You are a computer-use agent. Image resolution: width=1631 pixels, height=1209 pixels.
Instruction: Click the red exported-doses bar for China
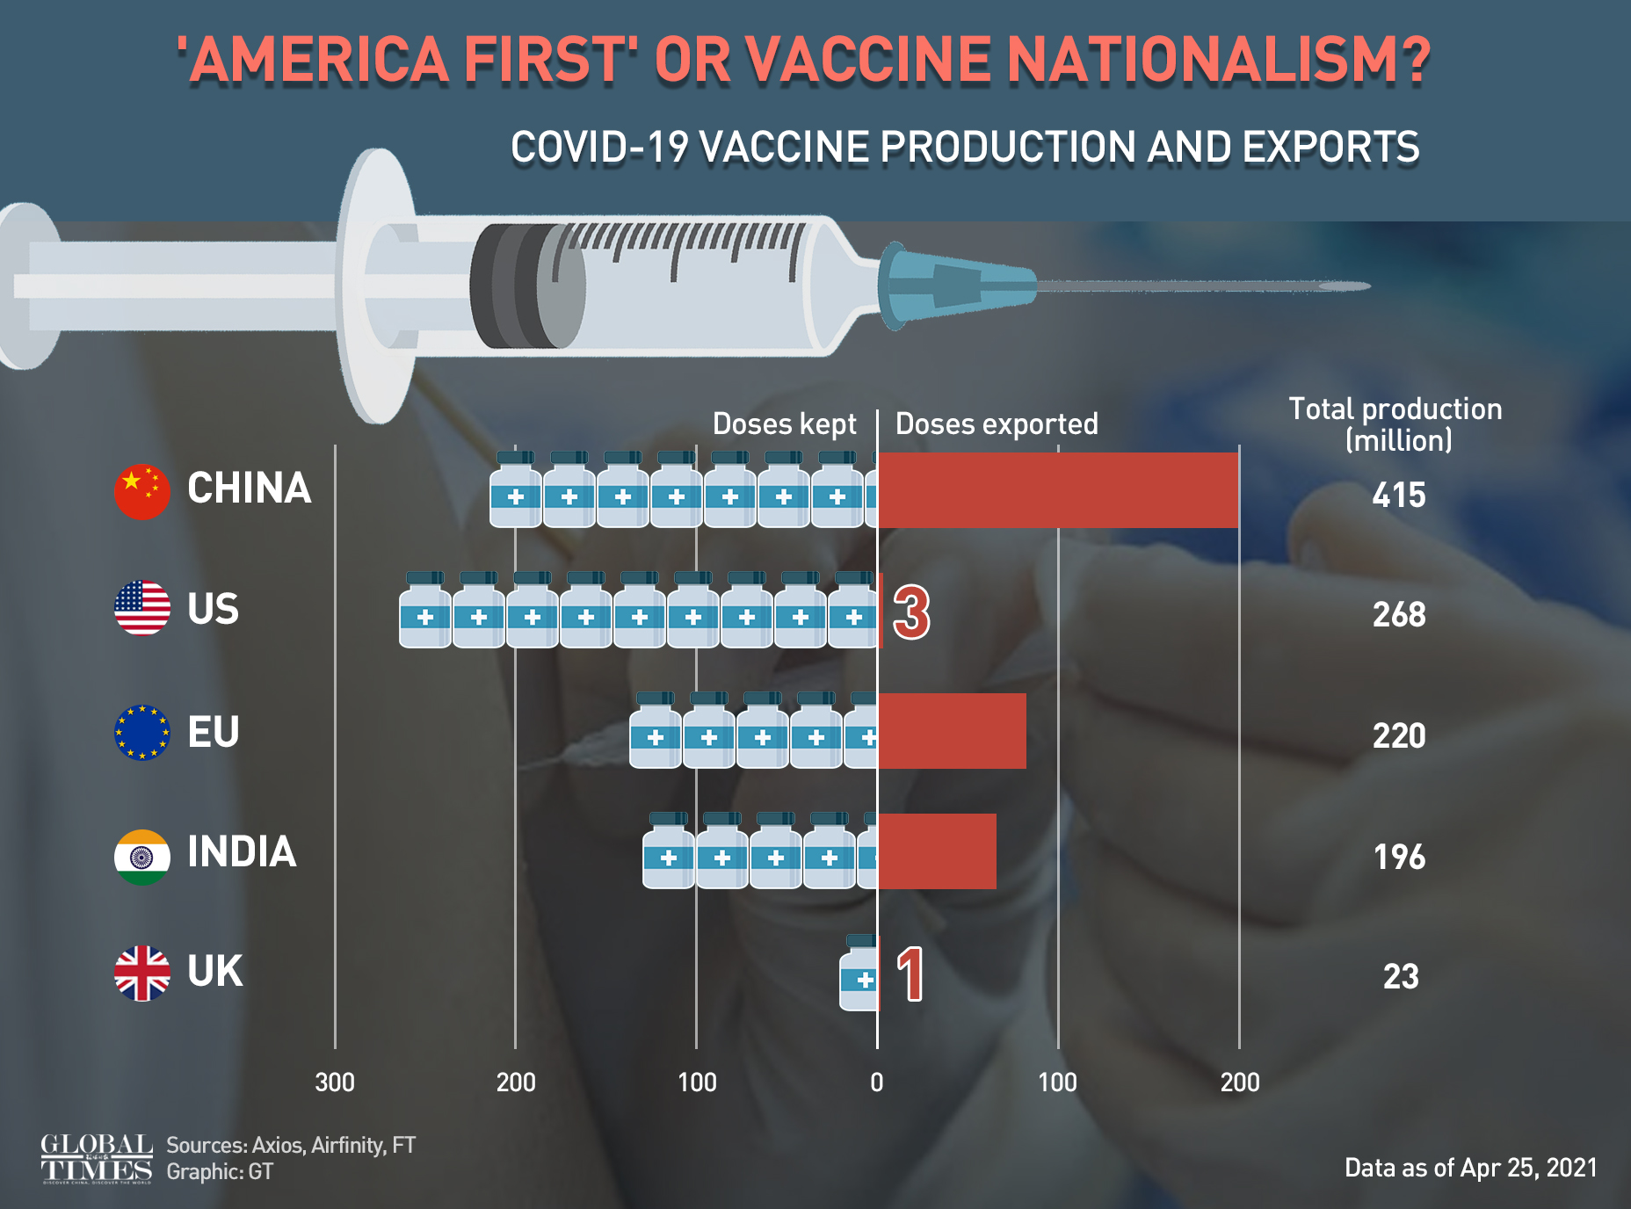pos(1058,490)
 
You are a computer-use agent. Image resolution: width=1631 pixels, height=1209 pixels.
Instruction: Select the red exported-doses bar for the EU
pos(952,731)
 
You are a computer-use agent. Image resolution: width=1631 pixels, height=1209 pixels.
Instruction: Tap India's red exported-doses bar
pos(937,851)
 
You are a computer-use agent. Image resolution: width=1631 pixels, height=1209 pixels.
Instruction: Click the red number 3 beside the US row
pos(911,612)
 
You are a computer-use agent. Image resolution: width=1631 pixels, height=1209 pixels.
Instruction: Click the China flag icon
pos(141,491)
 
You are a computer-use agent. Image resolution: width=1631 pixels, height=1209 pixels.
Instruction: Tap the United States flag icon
pos(141,608)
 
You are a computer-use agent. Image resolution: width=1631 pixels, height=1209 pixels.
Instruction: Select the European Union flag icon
pos(141,732)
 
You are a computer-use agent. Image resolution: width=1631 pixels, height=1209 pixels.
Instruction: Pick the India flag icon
pos(141,857)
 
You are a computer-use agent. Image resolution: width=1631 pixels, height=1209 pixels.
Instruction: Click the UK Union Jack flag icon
pos(141,974)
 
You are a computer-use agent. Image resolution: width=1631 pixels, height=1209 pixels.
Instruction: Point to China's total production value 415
pos(1398,496)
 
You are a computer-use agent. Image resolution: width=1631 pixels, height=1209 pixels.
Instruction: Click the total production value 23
pos(1400,977)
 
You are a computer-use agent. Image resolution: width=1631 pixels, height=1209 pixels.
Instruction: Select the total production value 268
pos(1399,615)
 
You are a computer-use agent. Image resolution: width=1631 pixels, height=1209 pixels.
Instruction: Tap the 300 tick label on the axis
pos(335,1082)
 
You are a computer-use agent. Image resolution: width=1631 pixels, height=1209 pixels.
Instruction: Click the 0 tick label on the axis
pos(876,1082)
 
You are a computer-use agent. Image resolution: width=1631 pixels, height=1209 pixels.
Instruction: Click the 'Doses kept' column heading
pos(784,424)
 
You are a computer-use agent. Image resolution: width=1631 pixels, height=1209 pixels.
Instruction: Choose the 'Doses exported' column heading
pos(997,424)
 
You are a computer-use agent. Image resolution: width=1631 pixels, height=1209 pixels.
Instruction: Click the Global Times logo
pos(97,1158)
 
